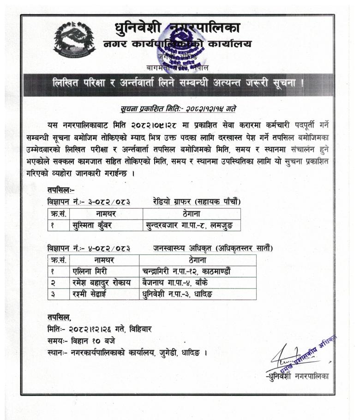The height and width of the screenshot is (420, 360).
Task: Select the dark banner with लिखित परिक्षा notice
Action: pos(178,84)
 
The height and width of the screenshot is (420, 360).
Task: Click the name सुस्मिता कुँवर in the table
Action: pos(93,225)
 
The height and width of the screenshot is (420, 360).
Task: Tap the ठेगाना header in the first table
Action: pos(191,214)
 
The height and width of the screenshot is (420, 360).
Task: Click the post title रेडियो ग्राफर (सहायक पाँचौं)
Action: pos(197,201)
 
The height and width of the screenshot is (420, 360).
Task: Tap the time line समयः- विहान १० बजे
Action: pos(81,341)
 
